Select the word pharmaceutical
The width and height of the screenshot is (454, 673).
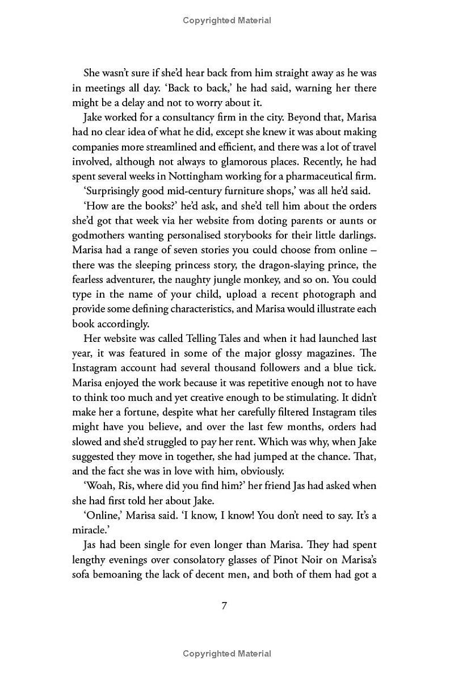point(307,176)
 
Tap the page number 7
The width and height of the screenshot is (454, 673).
point(224,605)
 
